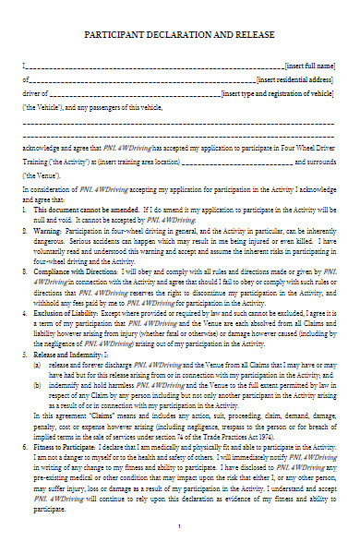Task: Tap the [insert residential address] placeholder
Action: pos(298,81)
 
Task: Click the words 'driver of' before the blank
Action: pos(33,94)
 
